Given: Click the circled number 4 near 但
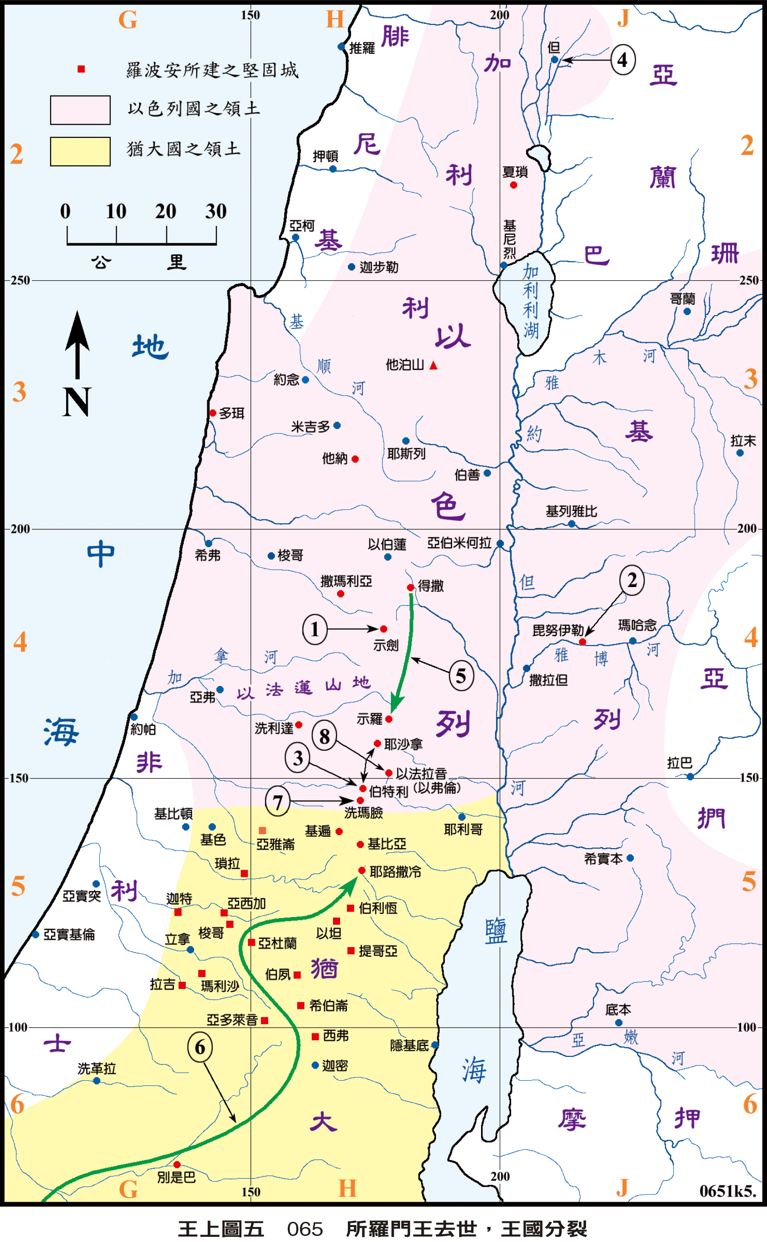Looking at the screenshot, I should (623, 60).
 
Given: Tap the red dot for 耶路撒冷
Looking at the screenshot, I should (361, 870).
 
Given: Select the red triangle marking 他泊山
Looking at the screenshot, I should (433, 366).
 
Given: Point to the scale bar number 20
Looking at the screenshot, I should (165, 211).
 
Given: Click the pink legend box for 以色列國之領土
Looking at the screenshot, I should (80, 110).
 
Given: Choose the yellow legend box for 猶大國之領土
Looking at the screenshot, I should (80, 151).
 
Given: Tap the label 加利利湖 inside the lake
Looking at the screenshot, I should (531, 301).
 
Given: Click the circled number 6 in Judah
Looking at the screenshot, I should (200, 1047).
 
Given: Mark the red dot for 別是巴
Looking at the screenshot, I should (177, 1165).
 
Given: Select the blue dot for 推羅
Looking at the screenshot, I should (341, 47).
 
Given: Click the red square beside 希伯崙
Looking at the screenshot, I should (301, 1005).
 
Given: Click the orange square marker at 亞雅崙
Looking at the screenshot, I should (262, 831).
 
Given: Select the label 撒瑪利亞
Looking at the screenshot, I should (346, 581).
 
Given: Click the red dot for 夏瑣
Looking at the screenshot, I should (513, 185).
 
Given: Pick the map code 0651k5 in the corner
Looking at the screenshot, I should (728, 1191).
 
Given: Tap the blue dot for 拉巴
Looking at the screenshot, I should (690, 776).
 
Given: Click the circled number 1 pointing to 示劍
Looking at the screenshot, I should (315, 629).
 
